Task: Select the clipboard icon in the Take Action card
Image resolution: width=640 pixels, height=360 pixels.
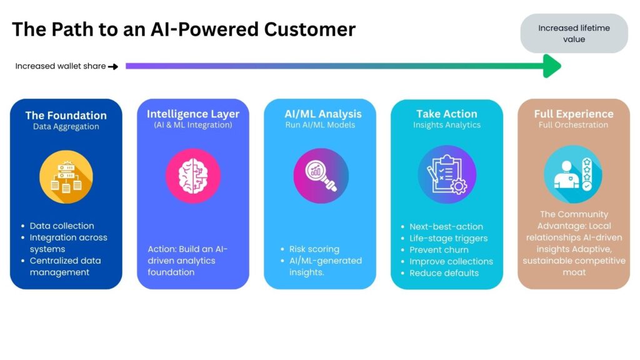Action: pos(446,174)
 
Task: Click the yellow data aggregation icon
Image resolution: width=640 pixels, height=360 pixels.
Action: pos(66,176)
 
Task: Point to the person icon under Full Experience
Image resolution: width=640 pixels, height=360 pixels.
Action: pos(573,174)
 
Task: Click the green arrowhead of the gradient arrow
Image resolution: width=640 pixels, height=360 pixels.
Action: pos(551,66)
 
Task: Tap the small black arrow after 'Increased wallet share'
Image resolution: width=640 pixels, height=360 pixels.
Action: pos(113,66)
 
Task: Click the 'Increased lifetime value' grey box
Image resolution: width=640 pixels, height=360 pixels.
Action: pos(574,34)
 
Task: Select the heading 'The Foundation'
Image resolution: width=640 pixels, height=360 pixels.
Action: pos(66,115)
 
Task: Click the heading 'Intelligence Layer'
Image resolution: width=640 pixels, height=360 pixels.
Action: pos(192,114)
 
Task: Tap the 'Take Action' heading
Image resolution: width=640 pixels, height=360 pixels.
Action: pos(446,114)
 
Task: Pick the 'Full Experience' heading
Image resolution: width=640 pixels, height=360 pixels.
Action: pos(573,114)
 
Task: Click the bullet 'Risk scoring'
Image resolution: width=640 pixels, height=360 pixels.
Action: pos(314,249)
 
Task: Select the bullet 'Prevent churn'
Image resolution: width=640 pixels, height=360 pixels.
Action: pos(439,249)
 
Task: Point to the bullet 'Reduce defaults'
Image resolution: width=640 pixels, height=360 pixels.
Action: pos(444,272)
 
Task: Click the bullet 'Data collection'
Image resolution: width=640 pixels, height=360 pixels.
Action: pos(62,226)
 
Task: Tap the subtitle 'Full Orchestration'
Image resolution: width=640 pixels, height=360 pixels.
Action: pos(573,125)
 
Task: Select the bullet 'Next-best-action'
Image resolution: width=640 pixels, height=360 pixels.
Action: pos(446,226)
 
